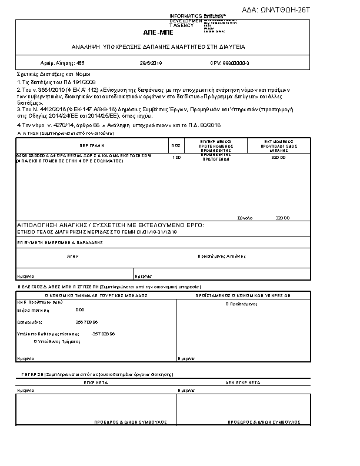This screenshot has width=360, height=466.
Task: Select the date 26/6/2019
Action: pyautogui.click(x=151, y=62)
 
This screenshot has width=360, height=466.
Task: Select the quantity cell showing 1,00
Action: pyautogui.click(x=176, y=158)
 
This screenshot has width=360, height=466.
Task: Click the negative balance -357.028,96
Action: pyautogui.click(x=104, y=334)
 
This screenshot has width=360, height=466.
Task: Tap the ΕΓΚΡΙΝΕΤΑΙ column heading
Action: pyautogui.click(x=96, y=382)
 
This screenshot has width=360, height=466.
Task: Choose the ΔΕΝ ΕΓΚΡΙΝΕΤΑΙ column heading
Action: pyautogui.click(x=243, y=382)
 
